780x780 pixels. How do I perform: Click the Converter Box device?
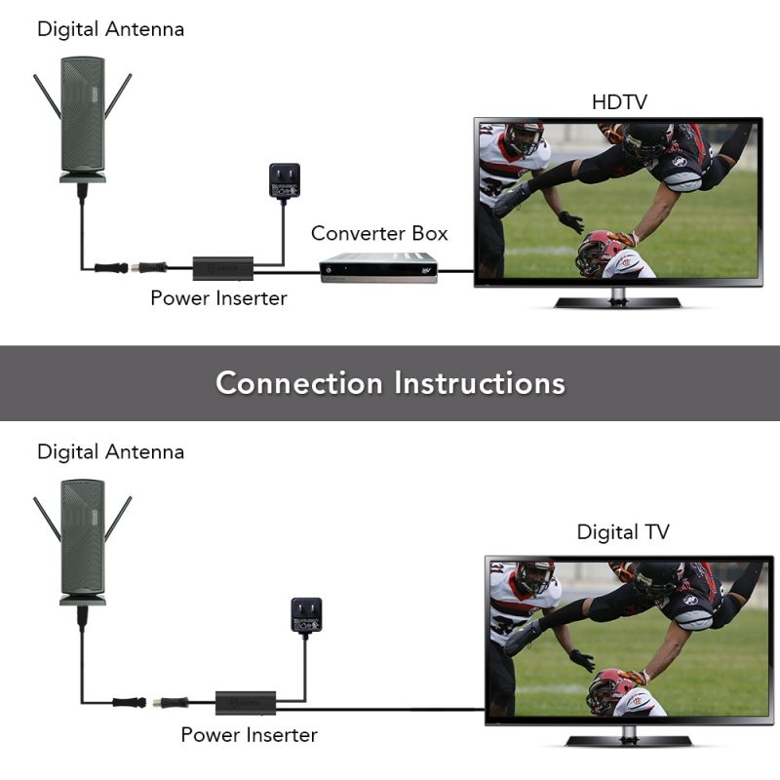pyautogui.click(x=378, y=267)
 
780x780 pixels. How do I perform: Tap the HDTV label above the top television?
pyautogui.click(x=619, y=102)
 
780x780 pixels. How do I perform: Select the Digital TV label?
pyautogui.click(x=623, y=532)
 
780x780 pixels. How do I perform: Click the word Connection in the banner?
pyautogui.click(x=298, y=382)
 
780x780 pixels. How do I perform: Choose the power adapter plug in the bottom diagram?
pyautogui.click(x=306, y=616)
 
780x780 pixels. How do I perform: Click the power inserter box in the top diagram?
pyautogui.click(x=223, y=266)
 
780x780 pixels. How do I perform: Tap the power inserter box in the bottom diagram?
pyautogui.click(x=248, y=701)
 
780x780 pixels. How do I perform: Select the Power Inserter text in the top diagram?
pyautogui.click(x=218, y=298)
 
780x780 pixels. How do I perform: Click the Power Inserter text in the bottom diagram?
pyautogui.click(x=249, y=734)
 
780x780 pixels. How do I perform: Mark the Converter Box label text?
pyautogui.click(x=379, y=234)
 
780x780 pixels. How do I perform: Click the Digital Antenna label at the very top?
pyautogui.click(x=110, y=29)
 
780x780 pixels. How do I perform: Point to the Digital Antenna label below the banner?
pyautogui.click(x=110, y=452)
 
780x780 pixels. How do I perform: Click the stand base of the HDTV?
pyautogui.click(x=617, y=302)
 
